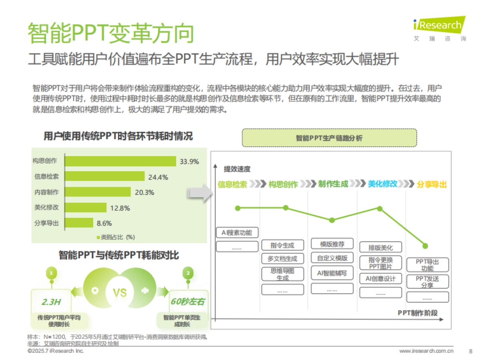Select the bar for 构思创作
(x=120, y=161)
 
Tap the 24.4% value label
(x=158, y=177)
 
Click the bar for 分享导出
(x=78, y=223)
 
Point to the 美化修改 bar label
(x=46, y=207)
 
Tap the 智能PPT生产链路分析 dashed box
(x=329, y=138)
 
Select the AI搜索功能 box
(x=237, y=233)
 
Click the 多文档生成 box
(x=283, y=258)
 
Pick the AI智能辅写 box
(x=332, y=273)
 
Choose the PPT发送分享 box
(x=427, y=282)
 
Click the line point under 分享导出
(x=425, y=246)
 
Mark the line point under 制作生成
(x=332, y=220)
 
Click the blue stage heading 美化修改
(x=382, y=184)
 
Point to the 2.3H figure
(x=51, y=301)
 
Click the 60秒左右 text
(x=187, y=301)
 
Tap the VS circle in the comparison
(x=120, y=292)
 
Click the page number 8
(x=470, y=351)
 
